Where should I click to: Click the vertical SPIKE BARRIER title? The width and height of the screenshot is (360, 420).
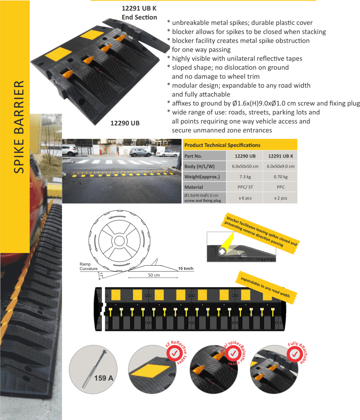pos(19,127)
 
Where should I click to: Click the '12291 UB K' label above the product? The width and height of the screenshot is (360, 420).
pos(139,8)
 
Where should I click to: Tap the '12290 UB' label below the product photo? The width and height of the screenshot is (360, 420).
pos(125,123)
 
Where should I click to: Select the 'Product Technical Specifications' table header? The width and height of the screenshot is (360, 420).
pos(222,145)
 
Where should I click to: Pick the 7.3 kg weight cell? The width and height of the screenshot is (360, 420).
pos(245,177)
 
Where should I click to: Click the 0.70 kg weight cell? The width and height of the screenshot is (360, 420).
pos(280,177)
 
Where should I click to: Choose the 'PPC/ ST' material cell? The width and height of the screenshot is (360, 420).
pos(245,187)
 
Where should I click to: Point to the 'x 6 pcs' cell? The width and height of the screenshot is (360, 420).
pos(245,198)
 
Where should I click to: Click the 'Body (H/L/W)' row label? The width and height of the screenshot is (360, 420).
pos(199,166)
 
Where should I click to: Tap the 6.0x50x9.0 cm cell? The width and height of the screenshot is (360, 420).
pos(280,166)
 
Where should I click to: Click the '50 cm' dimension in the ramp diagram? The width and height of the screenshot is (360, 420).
pos(154,275)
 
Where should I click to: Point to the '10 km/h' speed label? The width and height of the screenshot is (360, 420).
pos(186,269)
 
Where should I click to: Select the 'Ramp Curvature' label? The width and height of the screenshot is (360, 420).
pos(88,266)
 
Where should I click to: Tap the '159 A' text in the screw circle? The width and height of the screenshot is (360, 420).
pos(104,378)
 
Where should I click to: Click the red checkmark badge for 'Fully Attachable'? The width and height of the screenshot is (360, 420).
pos(295,354)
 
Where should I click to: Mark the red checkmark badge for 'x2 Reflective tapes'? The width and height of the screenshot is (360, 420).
pos(174,353)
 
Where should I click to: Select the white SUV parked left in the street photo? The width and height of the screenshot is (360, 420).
pos(70,151)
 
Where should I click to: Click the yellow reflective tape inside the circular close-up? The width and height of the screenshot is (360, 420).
pos(149,371)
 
